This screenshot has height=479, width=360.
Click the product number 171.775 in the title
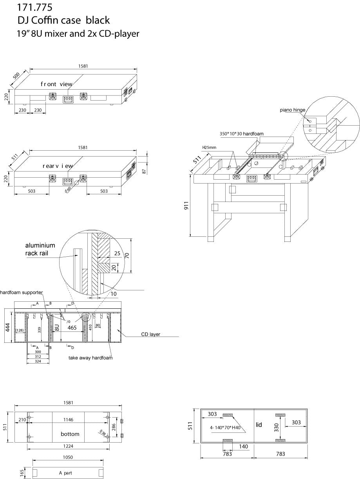34,7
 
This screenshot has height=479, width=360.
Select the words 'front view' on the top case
56,84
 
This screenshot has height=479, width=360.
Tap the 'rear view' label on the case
58,166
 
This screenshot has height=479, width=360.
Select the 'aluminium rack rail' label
40,249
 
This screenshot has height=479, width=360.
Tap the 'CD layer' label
151,334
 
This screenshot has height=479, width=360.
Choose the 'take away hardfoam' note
90,358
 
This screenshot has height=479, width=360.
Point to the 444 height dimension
7,326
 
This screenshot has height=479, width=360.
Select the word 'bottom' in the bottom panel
70,434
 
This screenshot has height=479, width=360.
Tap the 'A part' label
66,473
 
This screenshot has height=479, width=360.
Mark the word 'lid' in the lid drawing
259,425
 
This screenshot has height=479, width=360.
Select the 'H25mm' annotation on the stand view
210,148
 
